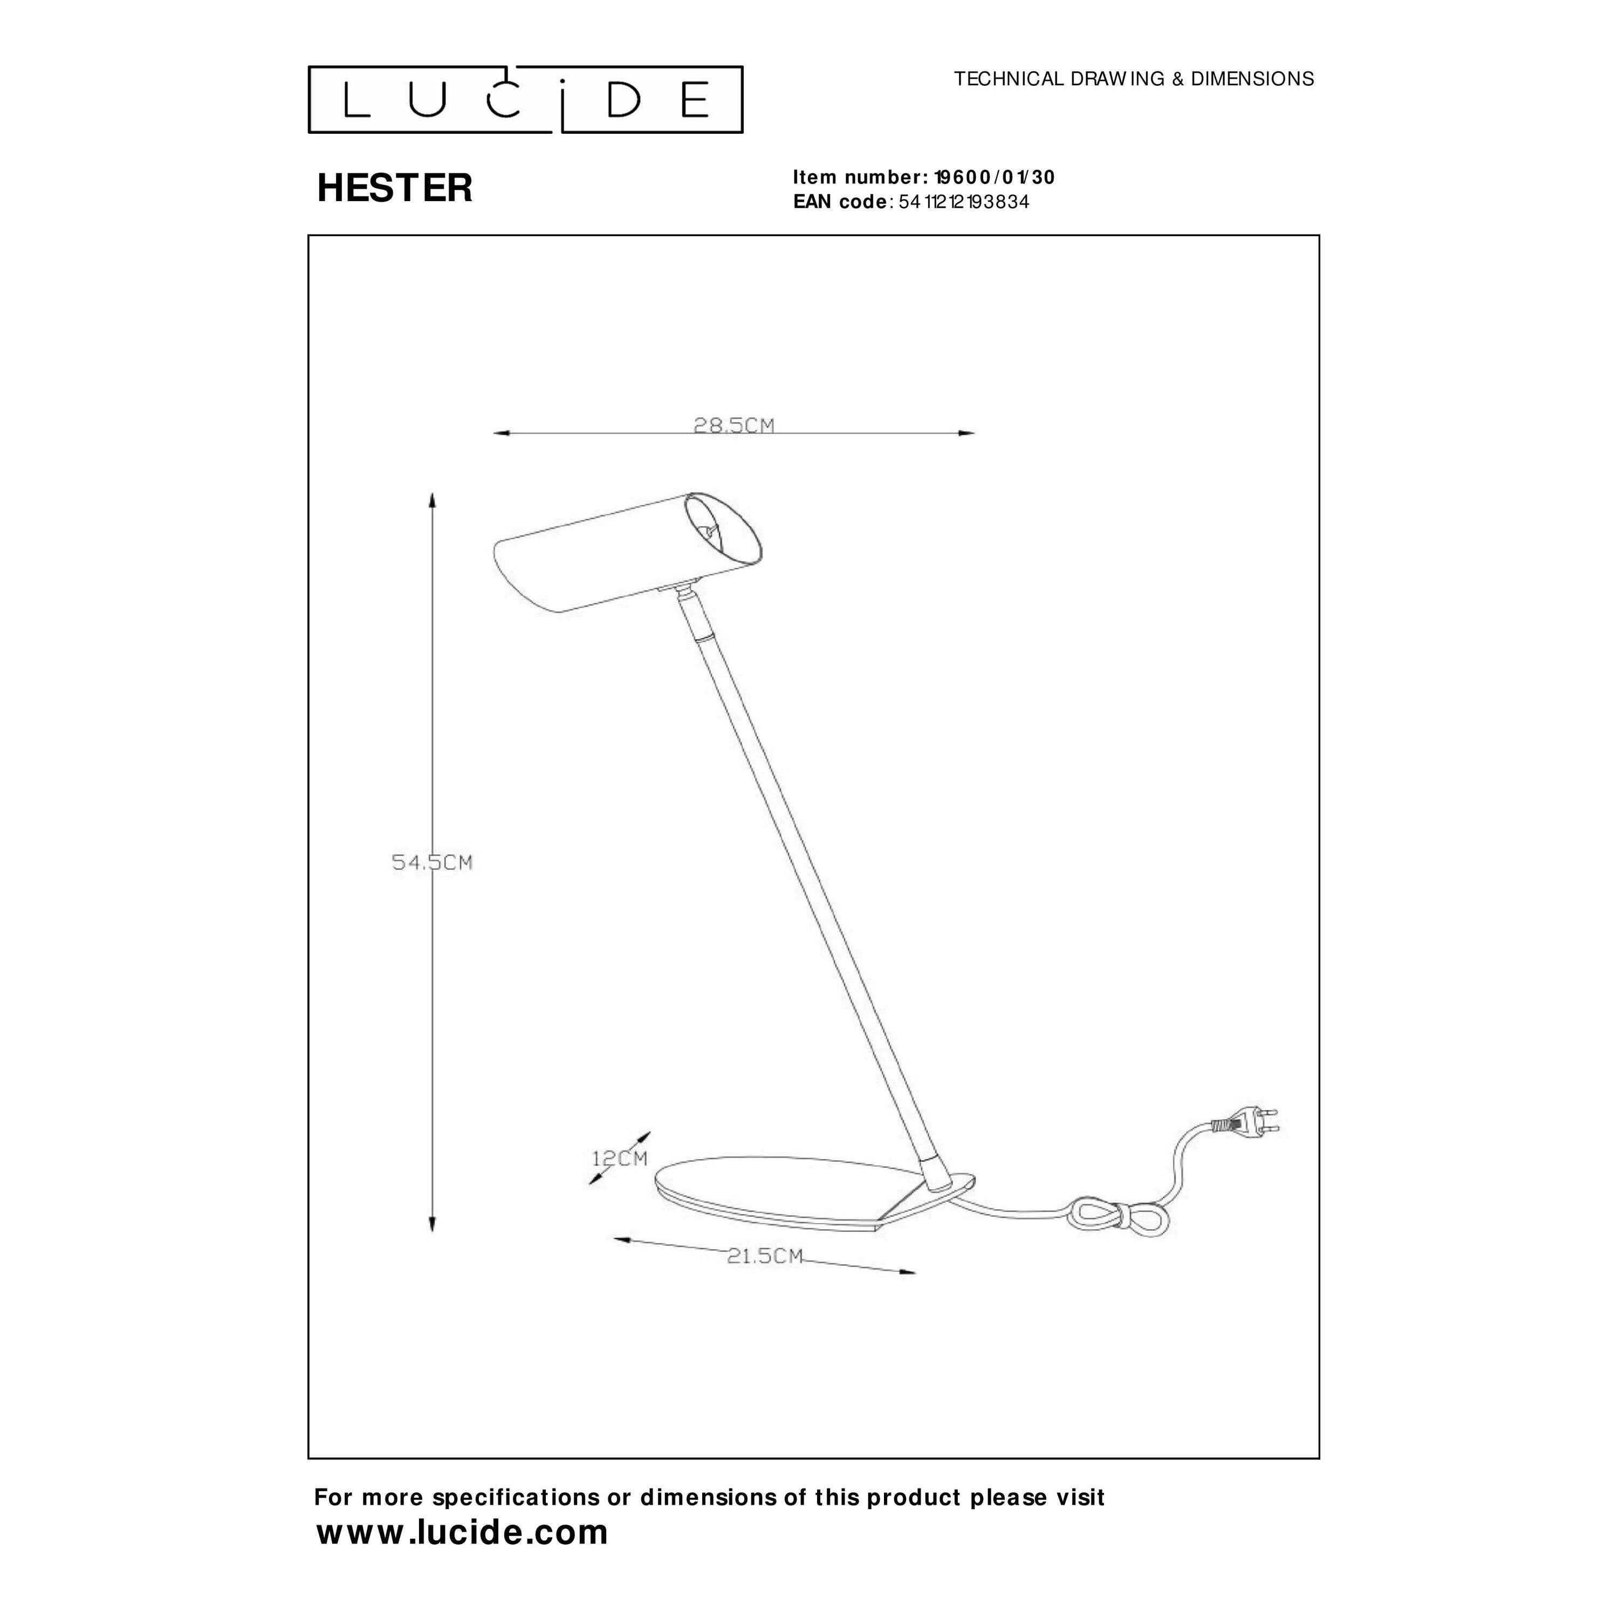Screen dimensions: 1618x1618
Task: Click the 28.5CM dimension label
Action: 733,426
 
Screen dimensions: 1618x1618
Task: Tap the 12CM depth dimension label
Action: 620,1159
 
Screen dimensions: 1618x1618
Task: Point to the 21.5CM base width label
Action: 765,1280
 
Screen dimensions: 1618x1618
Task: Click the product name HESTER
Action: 394,188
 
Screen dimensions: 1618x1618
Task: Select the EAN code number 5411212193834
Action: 964,202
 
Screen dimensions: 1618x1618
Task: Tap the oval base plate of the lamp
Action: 814,1192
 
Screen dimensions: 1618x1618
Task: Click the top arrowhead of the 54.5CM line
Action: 432,501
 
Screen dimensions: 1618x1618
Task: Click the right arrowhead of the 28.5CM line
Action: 966,433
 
